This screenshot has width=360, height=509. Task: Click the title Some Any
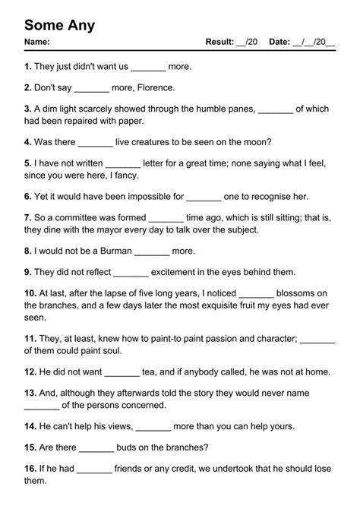59,24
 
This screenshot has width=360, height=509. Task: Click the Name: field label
37,42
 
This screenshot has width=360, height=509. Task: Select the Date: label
276,42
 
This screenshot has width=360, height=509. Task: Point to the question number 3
27,109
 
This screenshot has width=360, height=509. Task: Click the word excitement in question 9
181,271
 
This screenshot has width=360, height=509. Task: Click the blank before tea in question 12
122,372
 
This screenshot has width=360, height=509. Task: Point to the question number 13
30,394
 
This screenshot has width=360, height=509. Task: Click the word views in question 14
115,427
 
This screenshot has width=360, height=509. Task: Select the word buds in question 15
131,448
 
